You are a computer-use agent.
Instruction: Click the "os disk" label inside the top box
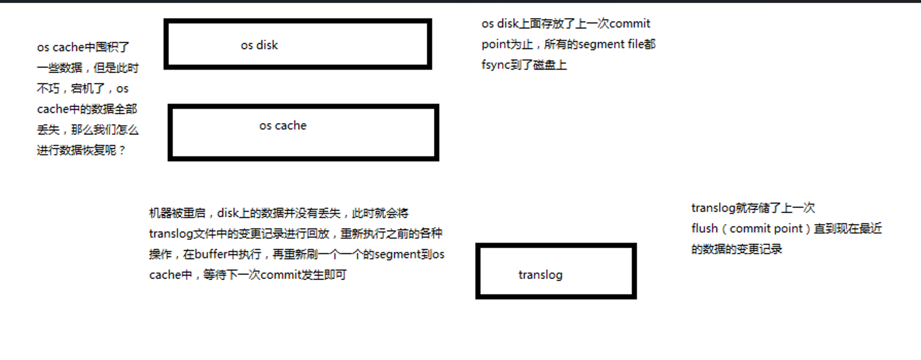pyautogui.click(x=259, y=45)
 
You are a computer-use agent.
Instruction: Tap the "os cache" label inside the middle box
pyautogui.click(x=283, y=126)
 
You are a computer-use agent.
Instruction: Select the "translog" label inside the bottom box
pyautogui.click(x=540, y=275)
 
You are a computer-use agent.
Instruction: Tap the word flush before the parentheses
pyautogui.click(x=704, y=228)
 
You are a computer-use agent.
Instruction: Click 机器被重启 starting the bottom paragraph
pyautogui.click(x=177, y=213)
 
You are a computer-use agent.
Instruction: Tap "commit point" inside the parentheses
pyautogui.click(x=766, y=228)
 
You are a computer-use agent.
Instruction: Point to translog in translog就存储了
pyautogui.click(x=713, y=208)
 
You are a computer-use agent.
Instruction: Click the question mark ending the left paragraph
pyautogui.click(x=122, y=151)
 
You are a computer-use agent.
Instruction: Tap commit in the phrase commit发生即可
pyautogui.click(x=279, y=275)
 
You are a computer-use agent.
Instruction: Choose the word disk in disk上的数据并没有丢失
pyautogui.click(x=227, y=213)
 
